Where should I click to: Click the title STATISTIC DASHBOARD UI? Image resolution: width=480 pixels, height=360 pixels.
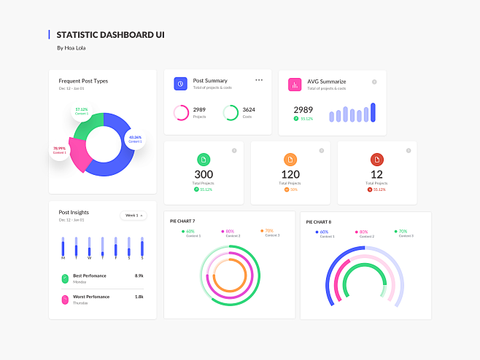click(x=110, y=34)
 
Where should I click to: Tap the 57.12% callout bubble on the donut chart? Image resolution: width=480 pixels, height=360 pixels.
click(x=81, y=111)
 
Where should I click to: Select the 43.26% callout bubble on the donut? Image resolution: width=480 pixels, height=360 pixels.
click(x=135, y=138)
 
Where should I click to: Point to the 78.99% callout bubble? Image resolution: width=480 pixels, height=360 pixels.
click(x=59, y=150)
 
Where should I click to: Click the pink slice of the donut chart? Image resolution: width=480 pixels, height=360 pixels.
click(x=77, y=154)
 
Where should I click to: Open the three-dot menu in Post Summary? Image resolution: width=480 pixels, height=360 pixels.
click(x=259, y=80)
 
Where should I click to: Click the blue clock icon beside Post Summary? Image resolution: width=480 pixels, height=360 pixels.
click(x=180, y=84)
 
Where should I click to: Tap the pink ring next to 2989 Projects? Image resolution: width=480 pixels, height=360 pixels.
click(x=180, y=112)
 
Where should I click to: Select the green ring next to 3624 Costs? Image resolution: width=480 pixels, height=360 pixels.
click(x=230, y=112)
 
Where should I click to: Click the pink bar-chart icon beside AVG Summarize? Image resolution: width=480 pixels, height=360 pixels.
click(x=295, y=85)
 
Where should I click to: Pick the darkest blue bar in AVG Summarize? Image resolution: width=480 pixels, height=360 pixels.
click(x=373, y=112)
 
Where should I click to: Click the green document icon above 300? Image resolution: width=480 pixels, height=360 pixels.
click(x=204, y=160)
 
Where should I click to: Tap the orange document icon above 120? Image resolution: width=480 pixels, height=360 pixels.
click(x=290, y=160)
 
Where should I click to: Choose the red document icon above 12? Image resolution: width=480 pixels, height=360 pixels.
click(x=376, y=160)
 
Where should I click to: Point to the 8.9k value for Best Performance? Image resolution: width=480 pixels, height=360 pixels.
click(x=139, y=276)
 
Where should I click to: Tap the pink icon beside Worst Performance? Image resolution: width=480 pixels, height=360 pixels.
click(x=65, y=300)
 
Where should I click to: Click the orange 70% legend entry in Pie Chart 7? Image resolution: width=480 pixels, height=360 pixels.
click(x=269, y=232)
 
